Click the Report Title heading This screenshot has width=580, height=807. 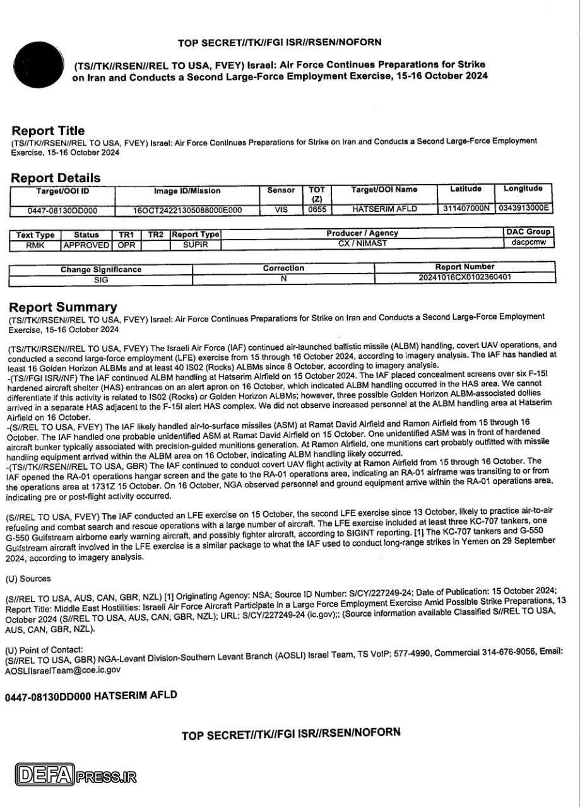48,131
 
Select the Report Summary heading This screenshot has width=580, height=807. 62,307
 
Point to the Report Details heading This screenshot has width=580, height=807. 56,178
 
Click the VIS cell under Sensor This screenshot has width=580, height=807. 281,209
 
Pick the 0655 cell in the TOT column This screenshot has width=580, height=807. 317,209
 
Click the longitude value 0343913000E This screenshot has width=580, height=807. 524,207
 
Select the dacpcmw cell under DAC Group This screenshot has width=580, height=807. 528,241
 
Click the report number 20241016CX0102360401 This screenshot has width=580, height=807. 465,277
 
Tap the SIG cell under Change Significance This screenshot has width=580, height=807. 101,279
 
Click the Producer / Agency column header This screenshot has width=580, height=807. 362,233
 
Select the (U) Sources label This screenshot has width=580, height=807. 28,578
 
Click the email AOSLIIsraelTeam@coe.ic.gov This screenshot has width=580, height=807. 62,670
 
